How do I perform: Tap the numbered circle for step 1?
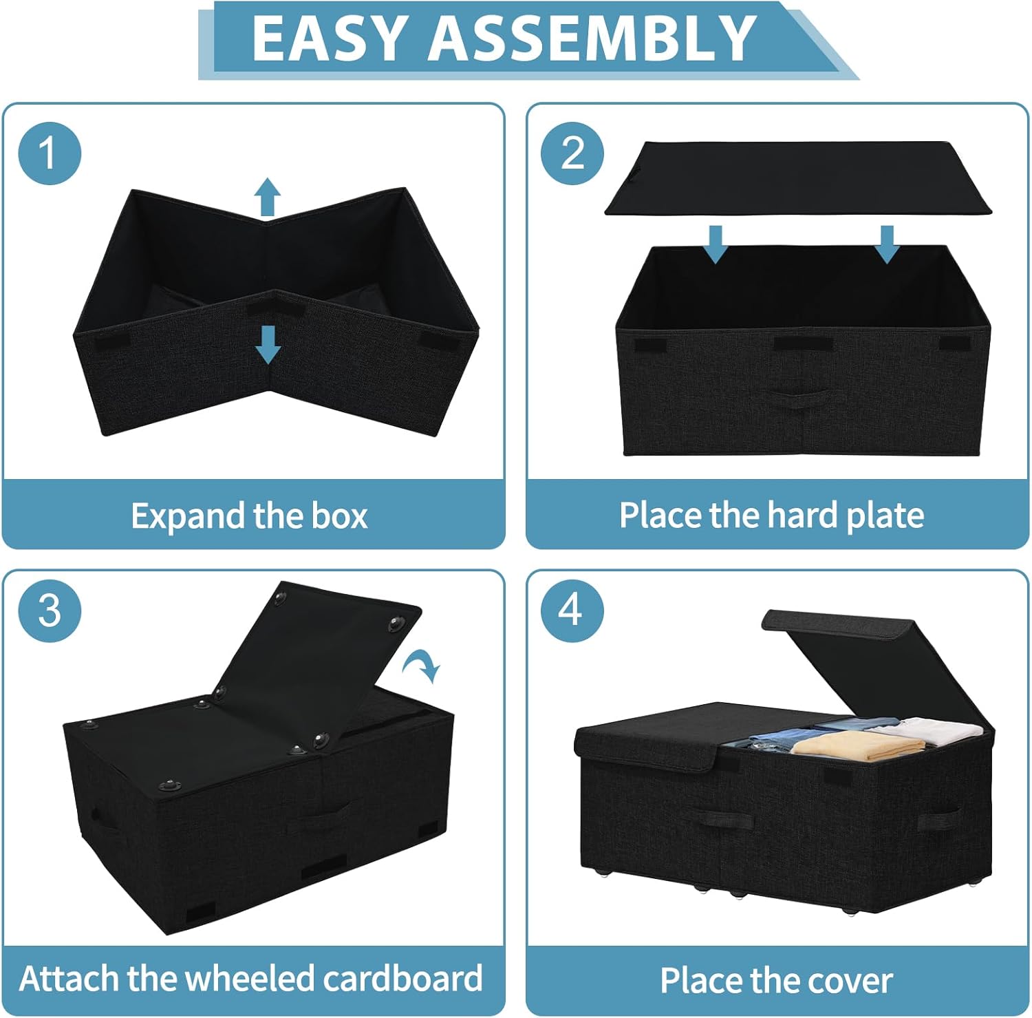(50, 153)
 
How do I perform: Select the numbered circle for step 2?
(572, 153)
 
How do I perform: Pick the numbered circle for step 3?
(50, 611)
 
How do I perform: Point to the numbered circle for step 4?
(572, 611)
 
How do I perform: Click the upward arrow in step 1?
(268, 197)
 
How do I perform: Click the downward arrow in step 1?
(268, 344)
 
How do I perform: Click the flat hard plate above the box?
(798, 178)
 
